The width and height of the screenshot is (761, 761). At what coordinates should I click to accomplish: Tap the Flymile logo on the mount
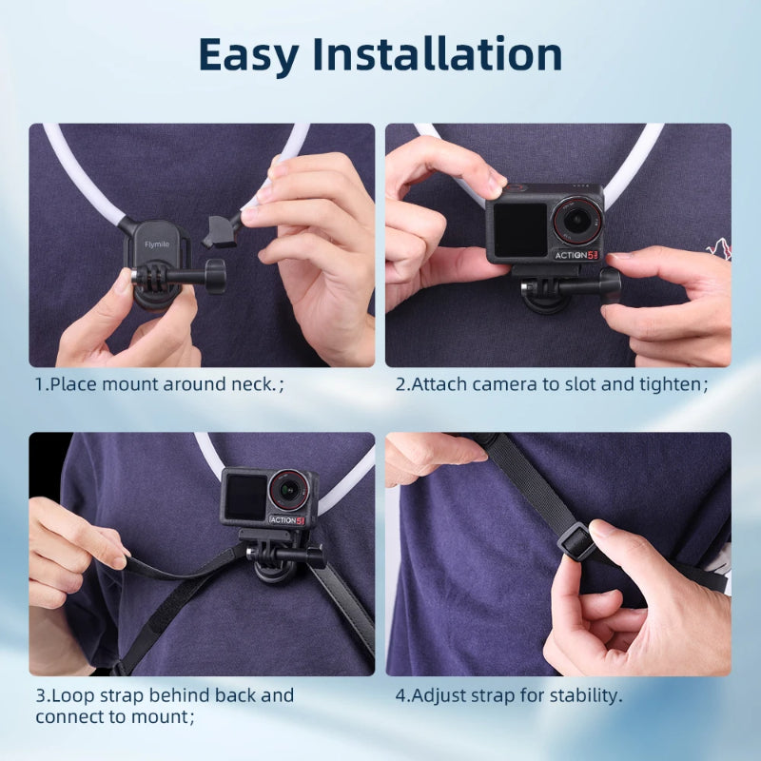point(156,244)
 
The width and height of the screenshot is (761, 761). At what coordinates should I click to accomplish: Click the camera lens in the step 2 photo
point(574,220)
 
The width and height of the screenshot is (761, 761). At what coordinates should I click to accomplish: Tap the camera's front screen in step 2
point(518,229)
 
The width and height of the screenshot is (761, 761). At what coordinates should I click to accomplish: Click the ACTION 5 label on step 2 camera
point(578,254)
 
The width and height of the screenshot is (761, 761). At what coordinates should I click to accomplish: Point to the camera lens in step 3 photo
point(287,491)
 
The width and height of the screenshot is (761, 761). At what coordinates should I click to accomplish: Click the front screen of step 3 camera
point(245,498)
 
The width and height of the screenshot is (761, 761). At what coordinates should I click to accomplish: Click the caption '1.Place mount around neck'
point(160,385)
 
